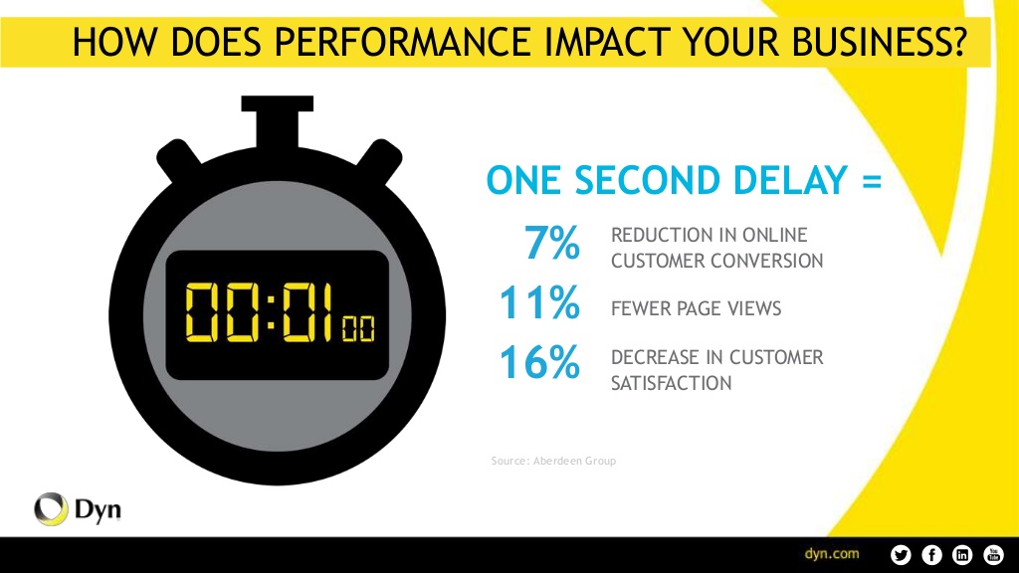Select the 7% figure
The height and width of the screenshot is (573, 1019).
point(551,243)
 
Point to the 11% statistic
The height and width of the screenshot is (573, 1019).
point(538,302)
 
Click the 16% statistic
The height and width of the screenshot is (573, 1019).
point(538,362)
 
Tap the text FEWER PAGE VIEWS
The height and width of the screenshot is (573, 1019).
point(696,308)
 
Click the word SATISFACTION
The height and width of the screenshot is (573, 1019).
point(672,383)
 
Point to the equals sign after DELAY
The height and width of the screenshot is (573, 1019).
point(872,181)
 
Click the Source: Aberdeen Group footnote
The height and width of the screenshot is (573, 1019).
point(553,461)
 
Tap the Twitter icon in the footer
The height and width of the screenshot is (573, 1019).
point(901,555)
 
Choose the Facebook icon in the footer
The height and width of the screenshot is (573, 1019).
point(931,555)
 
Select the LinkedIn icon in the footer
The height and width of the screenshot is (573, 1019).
point(962,555)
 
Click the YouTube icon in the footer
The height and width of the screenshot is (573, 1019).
point(994,555)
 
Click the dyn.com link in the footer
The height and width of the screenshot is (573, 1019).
point(832,554)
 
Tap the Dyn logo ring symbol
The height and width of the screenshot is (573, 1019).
point(52,508)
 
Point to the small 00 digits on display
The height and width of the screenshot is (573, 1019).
point(358,328)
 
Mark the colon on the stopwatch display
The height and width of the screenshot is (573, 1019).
point(271,311)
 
